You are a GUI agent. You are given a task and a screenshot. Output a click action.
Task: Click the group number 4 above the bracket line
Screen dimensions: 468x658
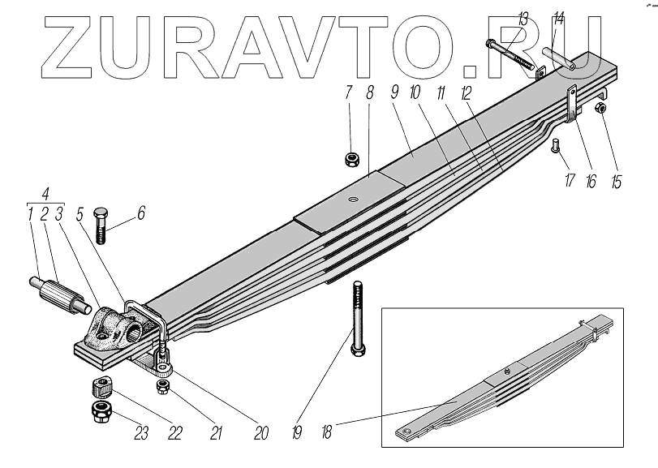(47, 195)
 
